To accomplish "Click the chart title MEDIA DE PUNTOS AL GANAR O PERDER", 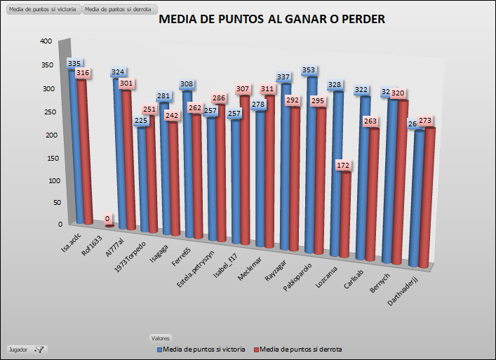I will [x=272, y=20].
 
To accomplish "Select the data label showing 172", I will [x=343, y=166].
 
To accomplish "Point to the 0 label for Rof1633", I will [x=107, y=219].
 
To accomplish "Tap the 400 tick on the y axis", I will [x=46, y=41].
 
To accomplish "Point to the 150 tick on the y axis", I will [x=46, y=158].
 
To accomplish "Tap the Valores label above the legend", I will [x=161, y=338].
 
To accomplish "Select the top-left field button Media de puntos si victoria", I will [x=41, y=9].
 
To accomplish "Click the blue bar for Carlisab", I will [x=365, y=175].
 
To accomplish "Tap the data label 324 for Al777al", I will [x=119, y=72].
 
